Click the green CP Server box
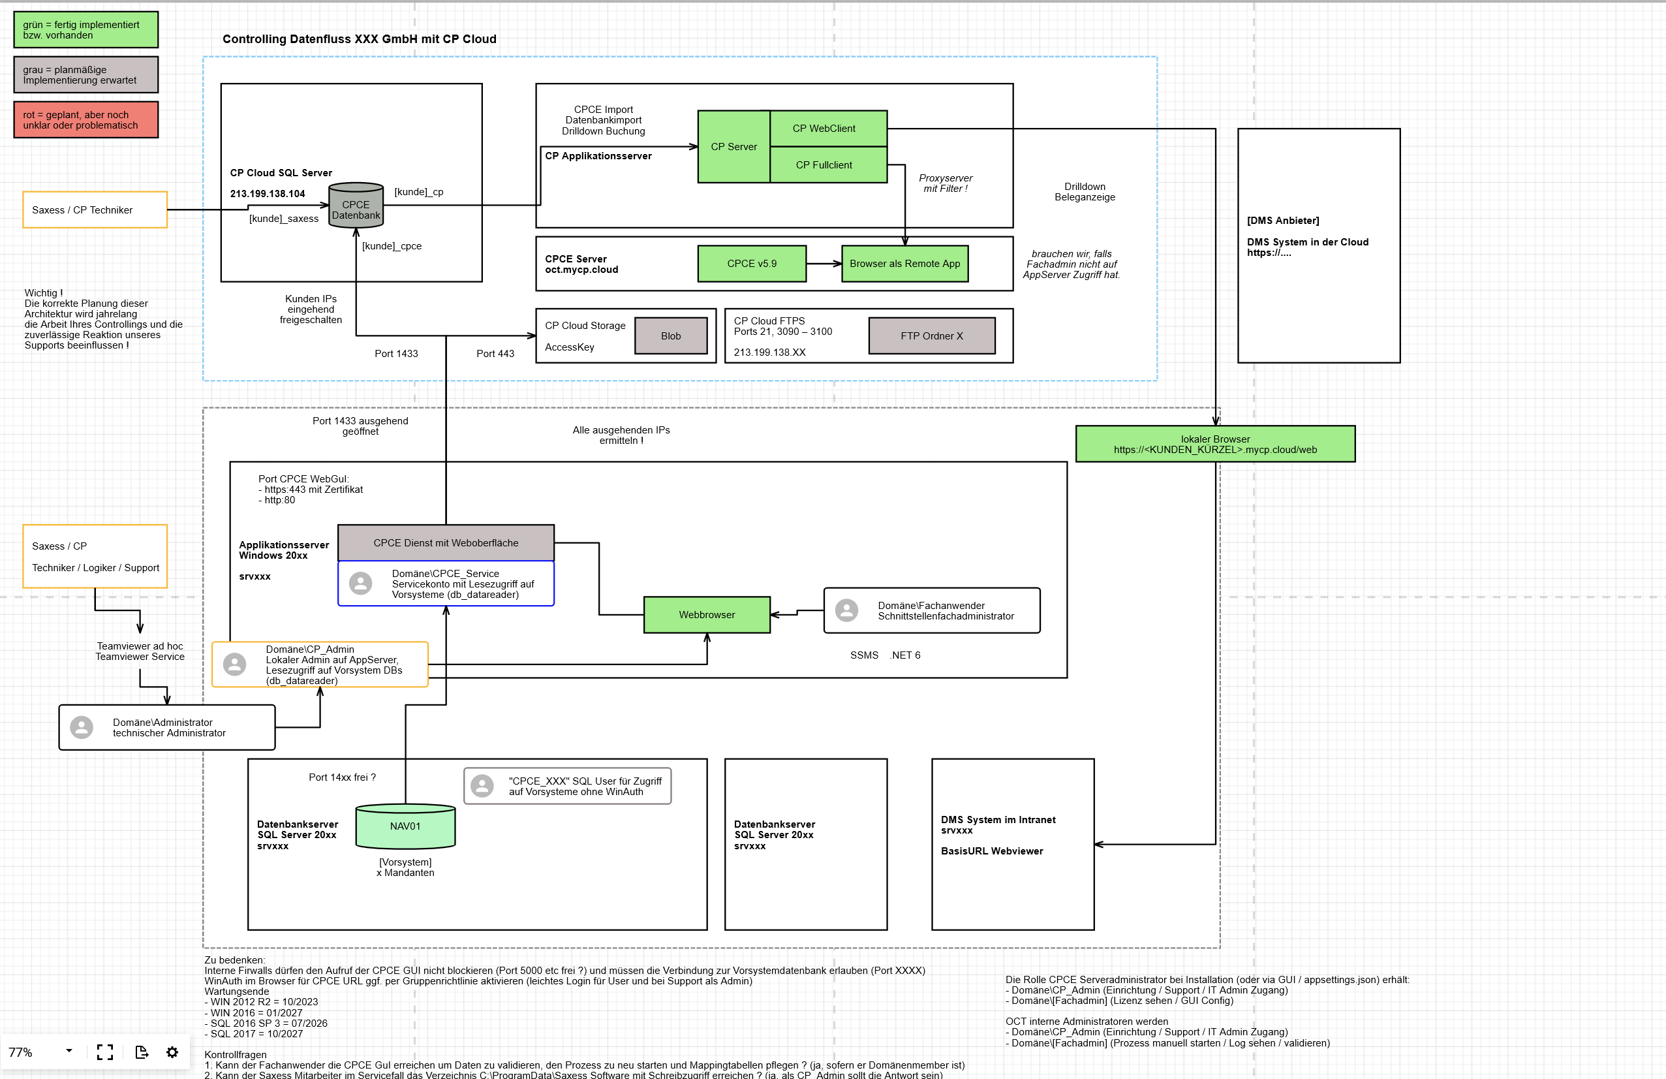point(733,146)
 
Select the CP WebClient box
point(827,128)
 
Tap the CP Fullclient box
point(827,165)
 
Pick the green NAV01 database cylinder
point(405,826)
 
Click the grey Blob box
point(671,336)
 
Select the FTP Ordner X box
point(931,336)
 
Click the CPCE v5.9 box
point(751,263)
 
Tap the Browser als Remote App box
point(904,263)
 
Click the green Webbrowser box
point(706,615)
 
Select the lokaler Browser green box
point(1214,444)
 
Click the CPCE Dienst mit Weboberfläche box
point(446,542)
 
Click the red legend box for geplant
point(85,119)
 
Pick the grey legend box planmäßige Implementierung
point(85,75)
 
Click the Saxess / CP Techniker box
point(95,210)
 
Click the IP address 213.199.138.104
point(268,194)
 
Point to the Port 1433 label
point(396,354)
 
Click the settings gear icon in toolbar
point(172,1052)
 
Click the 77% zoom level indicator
point(21,1052)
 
